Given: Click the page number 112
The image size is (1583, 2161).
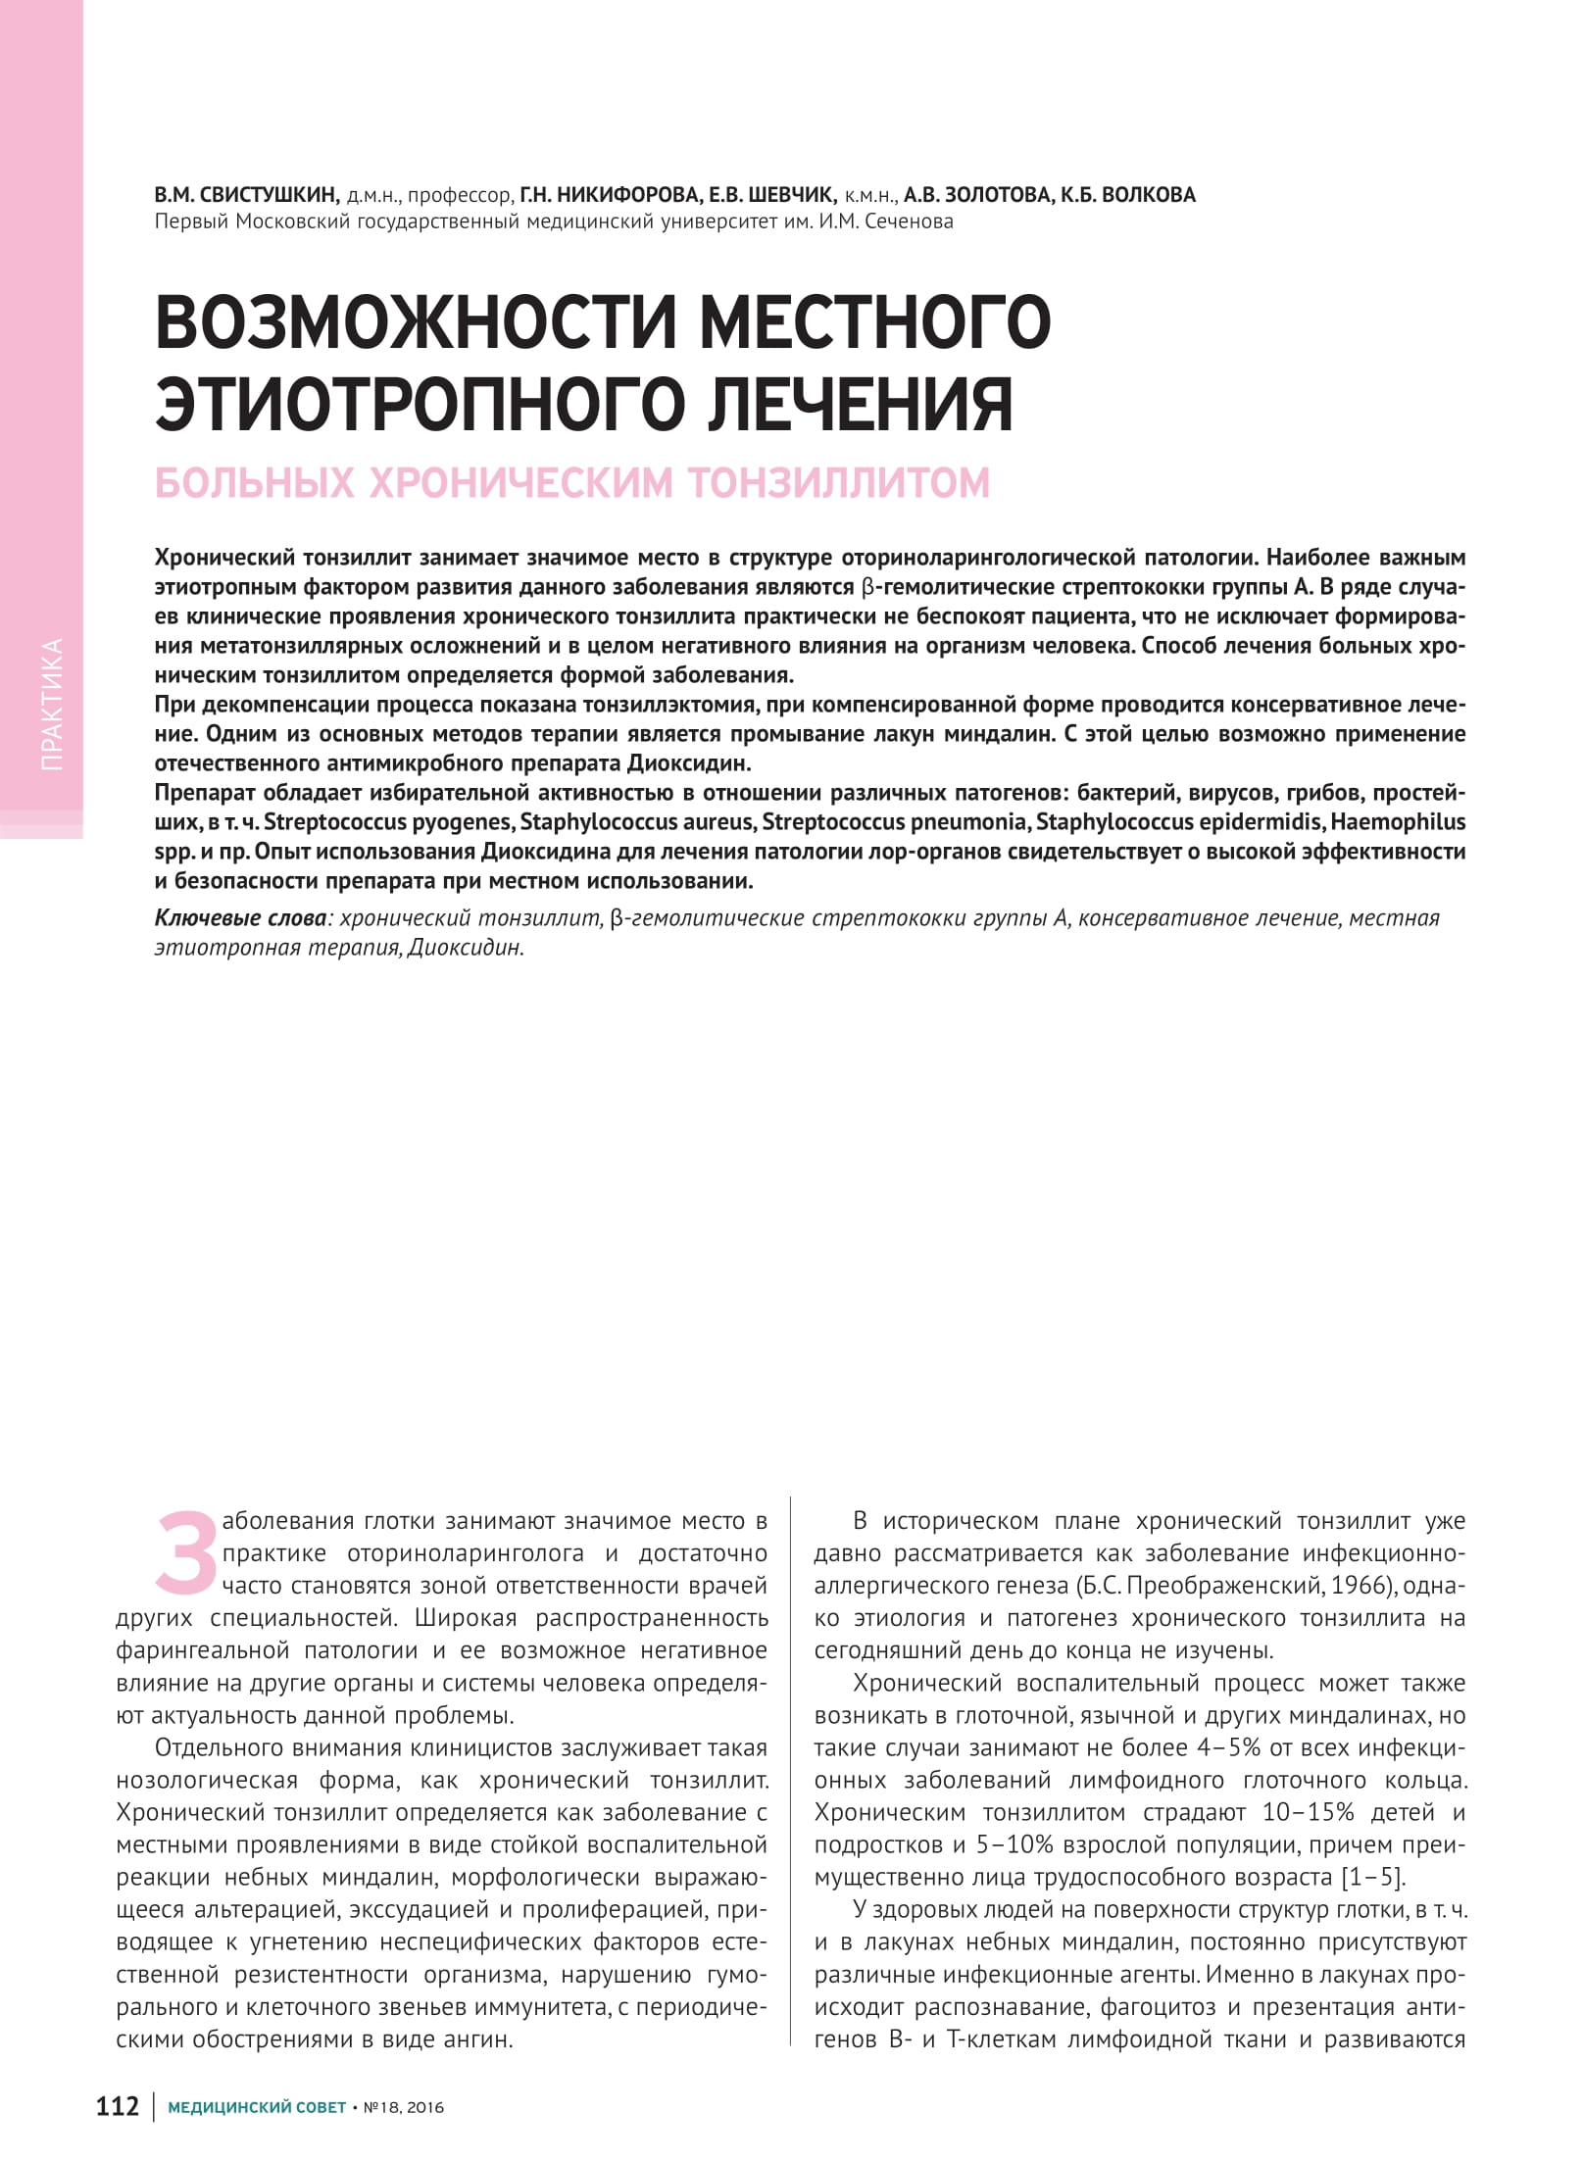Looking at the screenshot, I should [118, 2106].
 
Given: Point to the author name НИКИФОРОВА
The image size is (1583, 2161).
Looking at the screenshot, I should [626, 195].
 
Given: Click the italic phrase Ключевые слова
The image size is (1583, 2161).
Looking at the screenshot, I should [241, 918].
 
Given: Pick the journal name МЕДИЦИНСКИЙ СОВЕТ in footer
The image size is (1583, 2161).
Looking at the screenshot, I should [257, 2107].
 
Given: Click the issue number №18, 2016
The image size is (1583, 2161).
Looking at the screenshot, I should [403, 2107].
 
